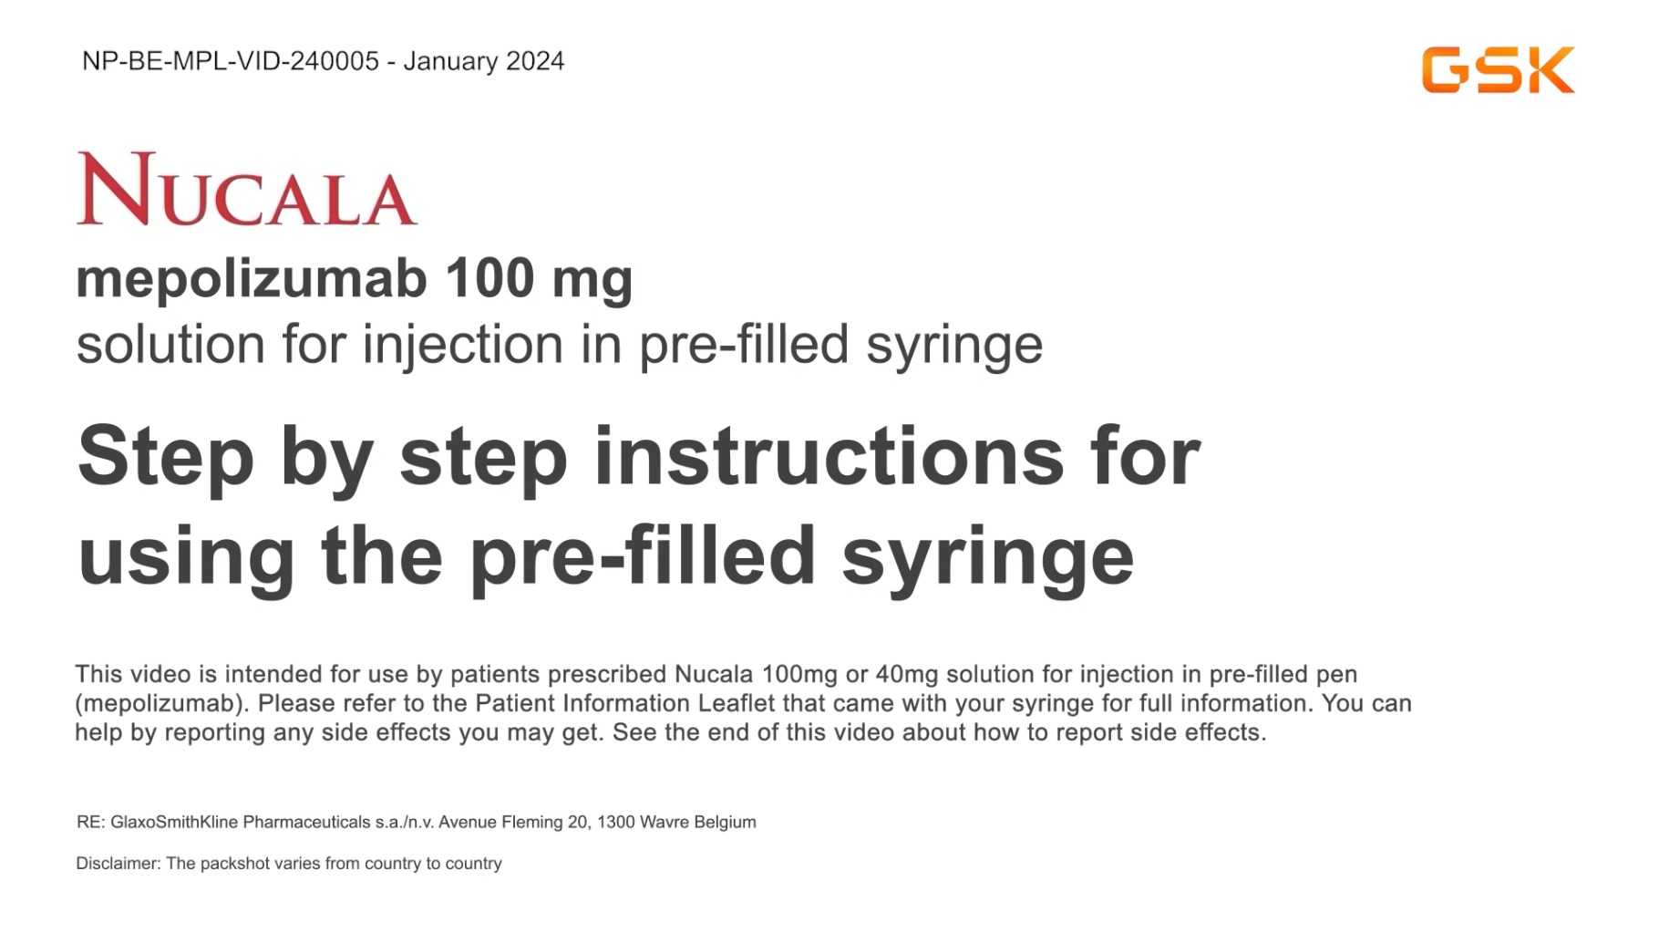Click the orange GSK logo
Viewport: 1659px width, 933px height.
coord(1498,70)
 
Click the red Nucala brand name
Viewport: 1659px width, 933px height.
coord(247,189)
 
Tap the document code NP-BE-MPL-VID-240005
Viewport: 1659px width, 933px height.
coord(231,61)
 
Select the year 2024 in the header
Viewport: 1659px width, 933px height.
coord(535,61)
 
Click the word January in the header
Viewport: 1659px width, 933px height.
coord(450,62)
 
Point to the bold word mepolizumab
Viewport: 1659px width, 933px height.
coord(252,278)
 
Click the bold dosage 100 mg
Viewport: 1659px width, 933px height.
coord(540,279)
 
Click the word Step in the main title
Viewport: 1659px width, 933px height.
coord(166,459)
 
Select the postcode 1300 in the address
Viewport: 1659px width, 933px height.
coord(616,822)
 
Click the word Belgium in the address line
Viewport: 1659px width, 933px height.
coord(725,822)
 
